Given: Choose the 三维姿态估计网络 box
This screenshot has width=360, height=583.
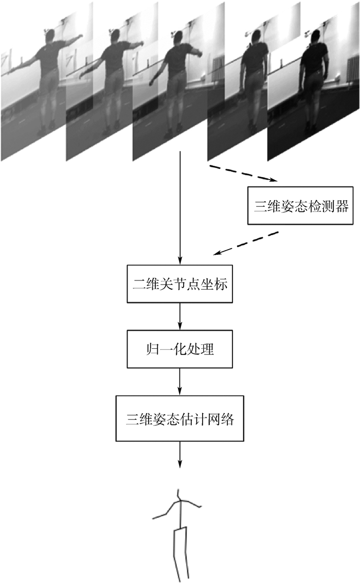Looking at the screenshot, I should coord(179,418).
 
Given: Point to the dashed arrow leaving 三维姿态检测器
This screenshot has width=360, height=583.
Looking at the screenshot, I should coord(247,243).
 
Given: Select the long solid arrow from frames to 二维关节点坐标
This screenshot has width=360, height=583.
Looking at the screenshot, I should coord(179,206).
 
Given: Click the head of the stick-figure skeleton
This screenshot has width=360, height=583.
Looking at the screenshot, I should coord(178,492).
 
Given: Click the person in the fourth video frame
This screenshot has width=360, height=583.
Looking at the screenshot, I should coord(254,77).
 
